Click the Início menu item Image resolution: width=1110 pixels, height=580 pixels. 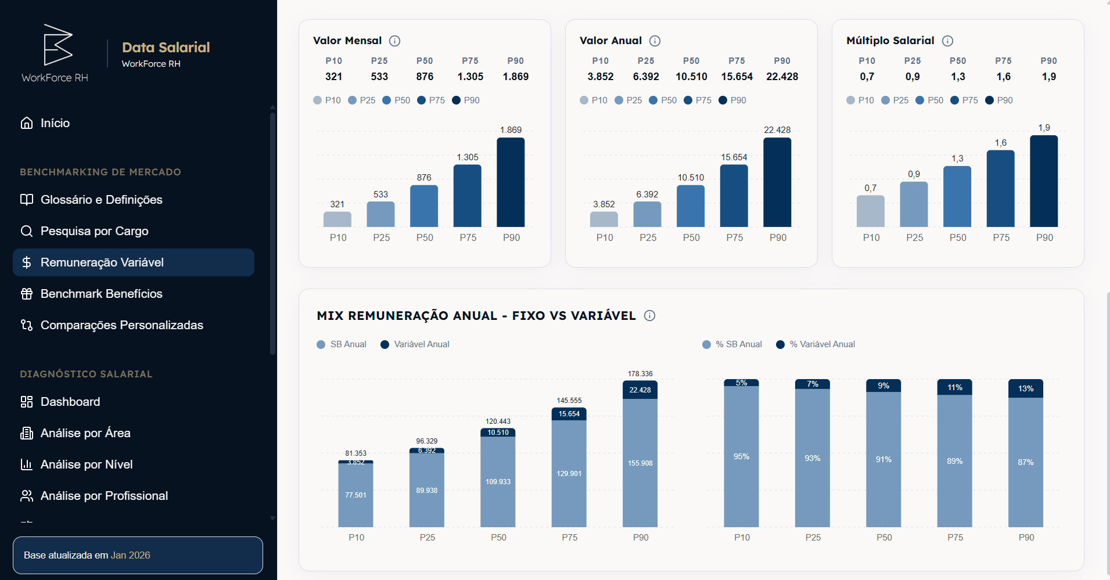55,123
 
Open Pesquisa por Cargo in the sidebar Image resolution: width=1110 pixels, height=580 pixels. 94,231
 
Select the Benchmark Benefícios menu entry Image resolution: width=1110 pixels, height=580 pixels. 101,294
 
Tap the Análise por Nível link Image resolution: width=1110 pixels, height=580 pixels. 86,464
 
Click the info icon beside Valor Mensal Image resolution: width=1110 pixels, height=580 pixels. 394,41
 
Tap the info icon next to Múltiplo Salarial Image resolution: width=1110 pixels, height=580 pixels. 947,41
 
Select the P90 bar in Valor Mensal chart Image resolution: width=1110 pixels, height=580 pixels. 511,182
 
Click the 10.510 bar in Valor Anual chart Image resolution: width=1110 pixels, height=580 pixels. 691,206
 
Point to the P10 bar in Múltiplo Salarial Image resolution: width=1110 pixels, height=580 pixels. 870,211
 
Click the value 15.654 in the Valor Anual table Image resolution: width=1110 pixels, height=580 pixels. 737,77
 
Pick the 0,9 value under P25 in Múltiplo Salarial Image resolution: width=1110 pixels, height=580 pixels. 912,77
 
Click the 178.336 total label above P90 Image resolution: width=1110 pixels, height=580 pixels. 640,374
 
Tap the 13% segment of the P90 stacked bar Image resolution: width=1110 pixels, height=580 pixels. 1025,388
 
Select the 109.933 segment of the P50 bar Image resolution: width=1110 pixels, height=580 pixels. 498,482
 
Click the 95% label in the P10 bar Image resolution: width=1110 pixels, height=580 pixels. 741,456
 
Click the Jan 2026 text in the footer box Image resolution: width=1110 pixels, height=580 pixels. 130,555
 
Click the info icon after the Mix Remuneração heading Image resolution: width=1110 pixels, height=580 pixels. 649,315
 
